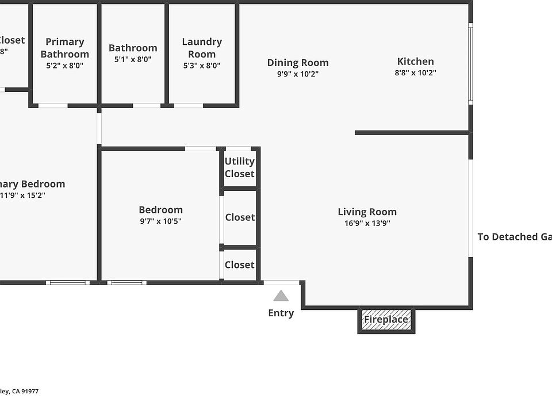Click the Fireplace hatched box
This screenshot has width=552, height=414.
[386, 320]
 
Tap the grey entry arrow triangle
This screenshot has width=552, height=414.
[281, 296]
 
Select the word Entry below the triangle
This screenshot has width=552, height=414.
[281, 313]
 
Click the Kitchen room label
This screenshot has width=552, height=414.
[415, 62]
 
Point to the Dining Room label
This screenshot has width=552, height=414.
[298, 63]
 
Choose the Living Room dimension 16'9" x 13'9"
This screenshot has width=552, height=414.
[367, 224]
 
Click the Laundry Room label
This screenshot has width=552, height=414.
[202, 48]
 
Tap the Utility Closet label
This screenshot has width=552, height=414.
[239, 167]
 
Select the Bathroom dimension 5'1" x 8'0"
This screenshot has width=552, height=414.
[133, 59]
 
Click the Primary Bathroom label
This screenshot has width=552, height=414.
[65, 48]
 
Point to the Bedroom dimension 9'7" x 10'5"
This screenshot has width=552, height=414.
[160, 221]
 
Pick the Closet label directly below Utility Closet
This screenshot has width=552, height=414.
[240, 217]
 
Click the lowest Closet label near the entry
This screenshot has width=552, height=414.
[239, 264]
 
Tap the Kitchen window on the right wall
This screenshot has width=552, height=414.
[470, 63]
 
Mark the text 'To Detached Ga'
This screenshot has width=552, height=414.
[514, 237]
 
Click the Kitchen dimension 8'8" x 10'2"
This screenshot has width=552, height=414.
[415, 73]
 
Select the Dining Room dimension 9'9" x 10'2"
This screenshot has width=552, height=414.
[298, 74]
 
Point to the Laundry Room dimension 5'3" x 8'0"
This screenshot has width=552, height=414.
[202, 66]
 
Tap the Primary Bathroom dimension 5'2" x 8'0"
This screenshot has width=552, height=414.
[65, 66]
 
